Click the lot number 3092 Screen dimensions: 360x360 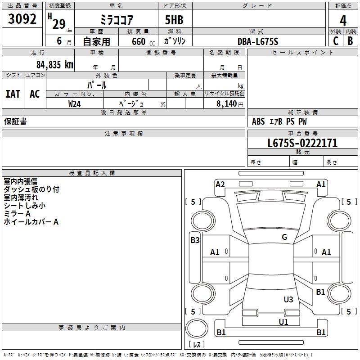(x=22, y=19)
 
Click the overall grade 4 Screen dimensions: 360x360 (x=343, y=21)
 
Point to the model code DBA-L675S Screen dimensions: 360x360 (x=258, y=41)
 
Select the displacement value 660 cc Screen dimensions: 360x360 (x=141, y=42)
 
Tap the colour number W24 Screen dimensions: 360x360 (x=75, y=103)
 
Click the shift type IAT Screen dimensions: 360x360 (x=13, y=94)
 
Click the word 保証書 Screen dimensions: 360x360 (x=15, y=121)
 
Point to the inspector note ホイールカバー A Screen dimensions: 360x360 (x=31, y=222)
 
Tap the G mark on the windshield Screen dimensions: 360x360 (x=284, y=237)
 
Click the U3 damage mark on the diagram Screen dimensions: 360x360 (x=288, y=299)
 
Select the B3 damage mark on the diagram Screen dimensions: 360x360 (x=195, y=240)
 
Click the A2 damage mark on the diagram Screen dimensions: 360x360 (x=220, y=184)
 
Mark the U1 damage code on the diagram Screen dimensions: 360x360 (x=283, y=322)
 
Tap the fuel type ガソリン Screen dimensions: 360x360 (x=175, y=41)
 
